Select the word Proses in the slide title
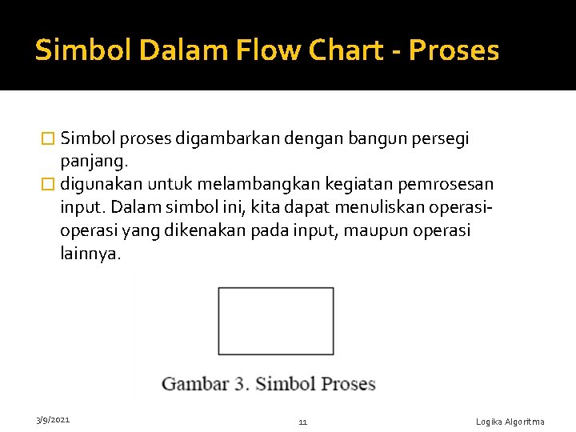454,50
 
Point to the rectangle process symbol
276,321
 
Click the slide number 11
302,422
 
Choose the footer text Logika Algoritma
510,422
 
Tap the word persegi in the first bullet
442,139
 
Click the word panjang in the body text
90,162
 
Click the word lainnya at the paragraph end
90,254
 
